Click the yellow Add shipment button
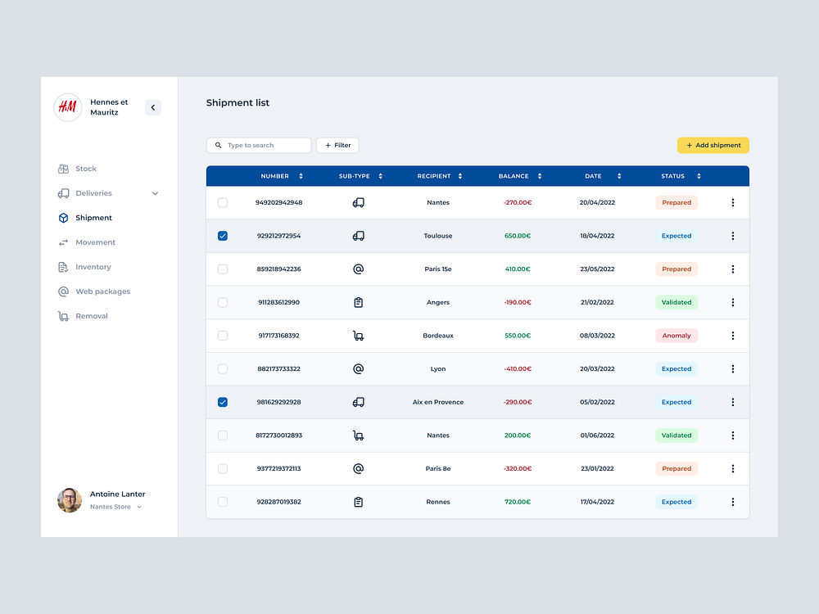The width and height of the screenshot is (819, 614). point(713,145)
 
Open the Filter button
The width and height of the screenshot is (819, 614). point(337,145)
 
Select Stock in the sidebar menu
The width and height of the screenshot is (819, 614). point(85,169)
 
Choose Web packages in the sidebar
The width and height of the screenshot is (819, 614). point(102,291)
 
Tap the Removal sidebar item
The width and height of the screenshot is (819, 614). point(91,316)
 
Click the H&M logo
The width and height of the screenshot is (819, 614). point(68,107)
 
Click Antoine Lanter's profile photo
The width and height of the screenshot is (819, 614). point(70,500)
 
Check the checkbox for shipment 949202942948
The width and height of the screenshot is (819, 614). point(223,202)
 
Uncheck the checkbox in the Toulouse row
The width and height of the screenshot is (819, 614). point(223,236)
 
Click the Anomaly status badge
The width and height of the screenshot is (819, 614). point(676,336)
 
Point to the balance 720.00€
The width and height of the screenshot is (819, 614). point(518,502)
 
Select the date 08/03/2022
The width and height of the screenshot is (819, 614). point(597,336)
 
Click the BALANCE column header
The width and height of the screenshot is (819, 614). point(514,176)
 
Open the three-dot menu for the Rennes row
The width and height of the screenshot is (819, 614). point(733,502)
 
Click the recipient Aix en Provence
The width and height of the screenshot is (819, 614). point(438,402)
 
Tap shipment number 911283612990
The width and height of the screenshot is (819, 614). point(278,302)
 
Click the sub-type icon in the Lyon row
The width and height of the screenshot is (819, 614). point(358,368)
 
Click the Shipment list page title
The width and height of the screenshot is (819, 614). point(238,102)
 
